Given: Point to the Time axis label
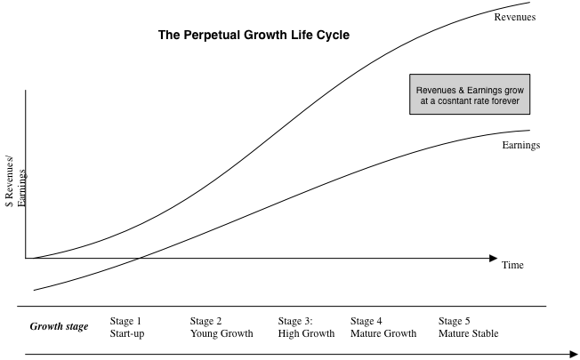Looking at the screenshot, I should [x=513, y=266].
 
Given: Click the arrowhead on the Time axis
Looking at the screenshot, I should [x=493, y=258].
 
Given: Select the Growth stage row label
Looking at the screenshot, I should [x=60, y=326].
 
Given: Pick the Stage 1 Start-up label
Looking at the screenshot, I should [x=126, y=326].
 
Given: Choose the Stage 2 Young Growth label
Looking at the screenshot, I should [x=222, y=326].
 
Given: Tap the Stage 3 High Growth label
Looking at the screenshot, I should [x=306, y=326].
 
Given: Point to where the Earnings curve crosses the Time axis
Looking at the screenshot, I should [x=140, y=258].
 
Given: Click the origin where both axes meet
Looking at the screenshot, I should [x=27, y=258].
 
